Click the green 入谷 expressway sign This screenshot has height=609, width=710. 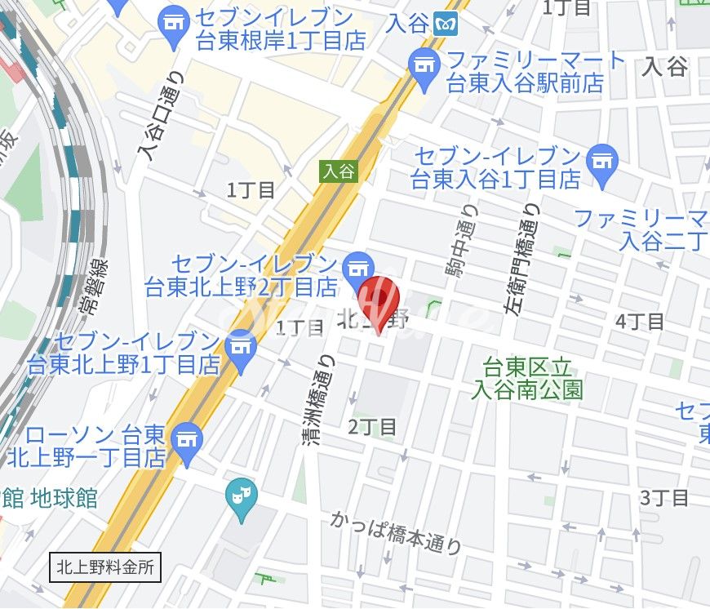pos(338,171)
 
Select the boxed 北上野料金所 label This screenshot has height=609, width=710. pos(104,566)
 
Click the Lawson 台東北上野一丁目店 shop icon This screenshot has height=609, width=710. pos(188,438)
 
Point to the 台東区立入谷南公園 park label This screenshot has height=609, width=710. pos(527,377)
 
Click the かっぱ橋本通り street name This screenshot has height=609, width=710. pos(397,532)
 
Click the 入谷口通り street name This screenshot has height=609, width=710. pos(165,116)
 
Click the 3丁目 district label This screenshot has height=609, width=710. pos(664,497)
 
